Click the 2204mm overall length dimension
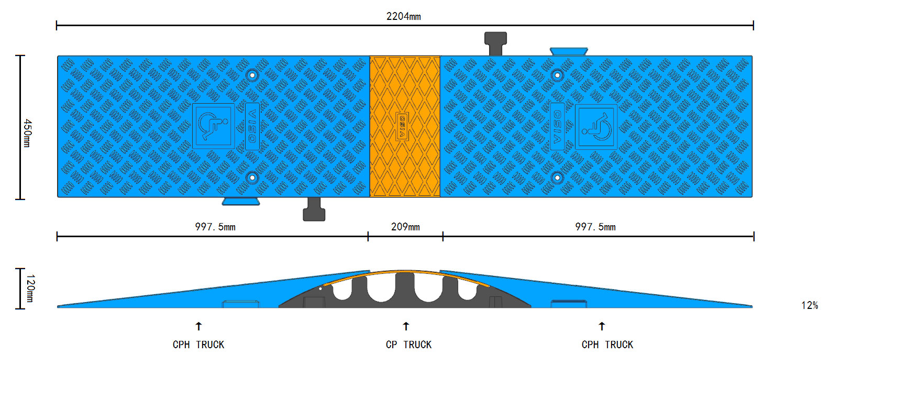click(403, 16)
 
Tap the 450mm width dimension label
click(27, 133)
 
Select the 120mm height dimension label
click(30, 288)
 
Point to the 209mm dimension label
click(405, 227)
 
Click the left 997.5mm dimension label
click(215, 227)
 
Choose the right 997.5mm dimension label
click(595, 227)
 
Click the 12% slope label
click(809, 305)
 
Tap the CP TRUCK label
click(408, 345)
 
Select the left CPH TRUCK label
click(198, 345)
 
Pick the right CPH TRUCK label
click(607, 345)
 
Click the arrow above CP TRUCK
click(406, 326)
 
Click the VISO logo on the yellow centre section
click(402, 126)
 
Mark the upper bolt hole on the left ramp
click(252, 75)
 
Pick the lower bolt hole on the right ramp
click(557, 178)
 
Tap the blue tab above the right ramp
click(569, 51)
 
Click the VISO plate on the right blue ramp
click(557, 126)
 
